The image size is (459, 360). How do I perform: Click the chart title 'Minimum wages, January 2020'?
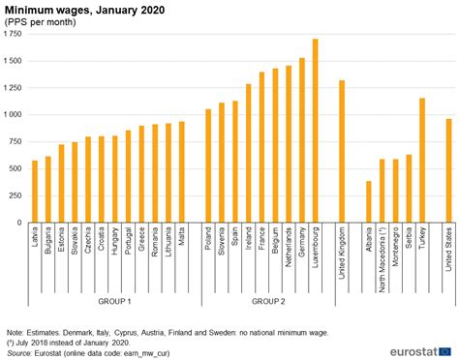[84, 9]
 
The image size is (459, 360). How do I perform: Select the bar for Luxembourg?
[315, 131]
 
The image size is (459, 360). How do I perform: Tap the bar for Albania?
[368, 201]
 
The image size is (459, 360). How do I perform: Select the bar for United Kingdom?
[341, 151]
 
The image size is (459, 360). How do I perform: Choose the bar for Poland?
[207, 165]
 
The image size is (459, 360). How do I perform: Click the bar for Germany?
[301, 140]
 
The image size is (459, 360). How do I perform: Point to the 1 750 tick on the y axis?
[14, 34]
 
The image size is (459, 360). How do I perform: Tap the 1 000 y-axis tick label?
[14, 114]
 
